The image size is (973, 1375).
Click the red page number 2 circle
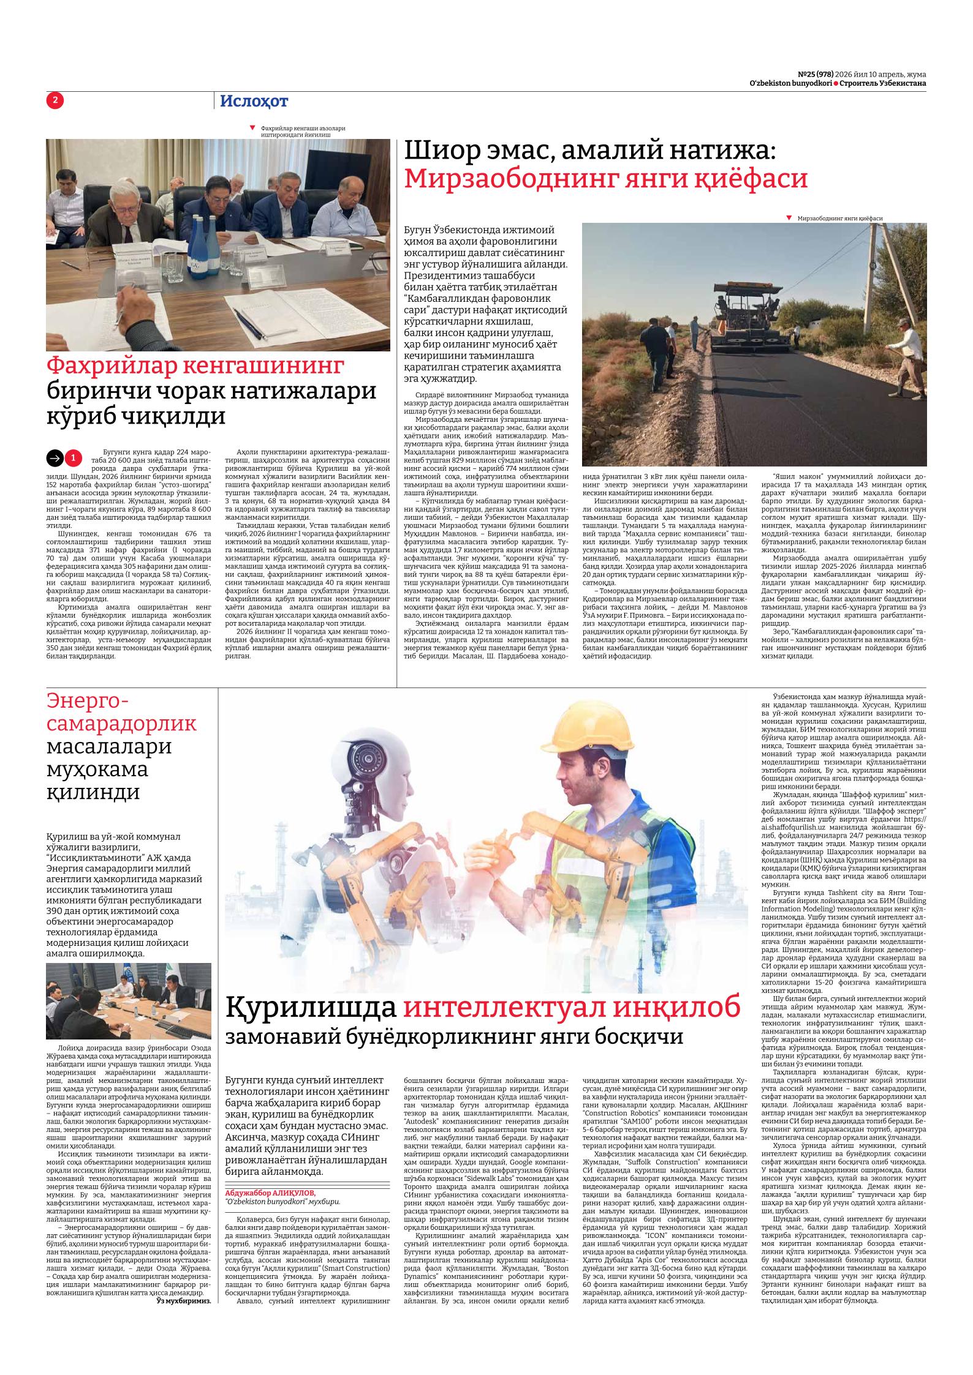[x=55, y=100]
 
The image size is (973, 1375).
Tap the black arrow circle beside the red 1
[x=55, y=457]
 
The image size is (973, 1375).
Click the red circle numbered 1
[x=73, y=457]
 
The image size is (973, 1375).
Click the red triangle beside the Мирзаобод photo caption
[x=790, y=218]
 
